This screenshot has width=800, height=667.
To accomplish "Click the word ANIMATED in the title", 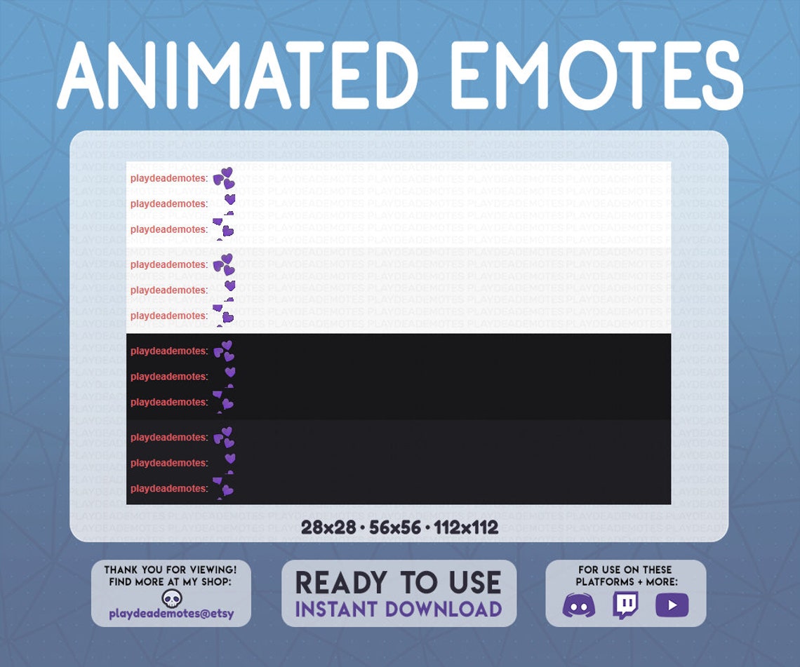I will coord(237,74).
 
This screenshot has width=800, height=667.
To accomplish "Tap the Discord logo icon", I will coord(579,605).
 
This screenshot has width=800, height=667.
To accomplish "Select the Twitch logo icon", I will coord(625,605).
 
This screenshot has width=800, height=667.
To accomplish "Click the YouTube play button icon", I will coord(672,605).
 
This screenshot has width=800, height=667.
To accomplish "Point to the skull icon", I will coord(171,598).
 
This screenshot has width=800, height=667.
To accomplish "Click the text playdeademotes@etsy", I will coord(171,614).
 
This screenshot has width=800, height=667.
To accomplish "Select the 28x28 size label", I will coord(328,527).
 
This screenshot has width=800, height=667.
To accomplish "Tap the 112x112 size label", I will coord(466,527).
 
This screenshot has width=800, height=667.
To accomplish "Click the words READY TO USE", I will coord(398,583).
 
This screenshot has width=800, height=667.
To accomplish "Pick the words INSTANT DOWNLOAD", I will coord(398,609).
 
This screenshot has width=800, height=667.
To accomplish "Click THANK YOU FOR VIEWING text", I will coord(171,570).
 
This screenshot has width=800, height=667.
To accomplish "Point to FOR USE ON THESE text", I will coord(625,570).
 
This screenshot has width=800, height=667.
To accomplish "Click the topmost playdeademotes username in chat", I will coord(168,178).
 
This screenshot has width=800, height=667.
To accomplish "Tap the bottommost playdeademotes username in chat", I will coord(168,488).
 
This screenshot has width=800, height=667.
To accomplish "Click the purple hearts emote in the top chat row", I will coord(224,178).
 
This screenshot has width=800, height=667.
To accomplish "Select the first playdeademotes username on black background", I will coord(168,351).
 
